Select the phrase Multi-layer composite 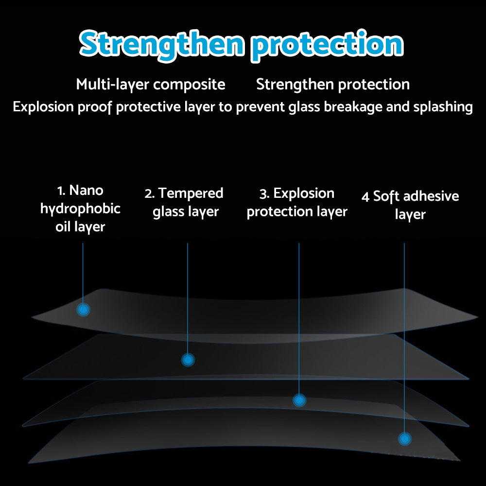pos(151,85)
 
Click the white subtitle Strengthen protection pos(333,85)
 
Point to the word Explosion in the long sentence pos(43,107)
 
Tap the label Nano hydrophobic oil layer pos(80,208)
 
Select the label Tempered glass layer pos(185,202)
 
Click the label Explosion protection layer pos(297,202)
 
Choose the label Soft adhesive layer pos(410,205)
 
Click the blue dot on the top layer pos(84,309)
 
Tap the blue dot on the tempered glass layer pos(188,360)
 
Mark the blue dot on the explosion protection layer pos(299,400)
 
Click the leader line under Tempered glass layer pos(188,292)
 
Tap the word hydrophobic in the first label pos(80,209)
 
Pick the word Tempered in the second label pos(191,193)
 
